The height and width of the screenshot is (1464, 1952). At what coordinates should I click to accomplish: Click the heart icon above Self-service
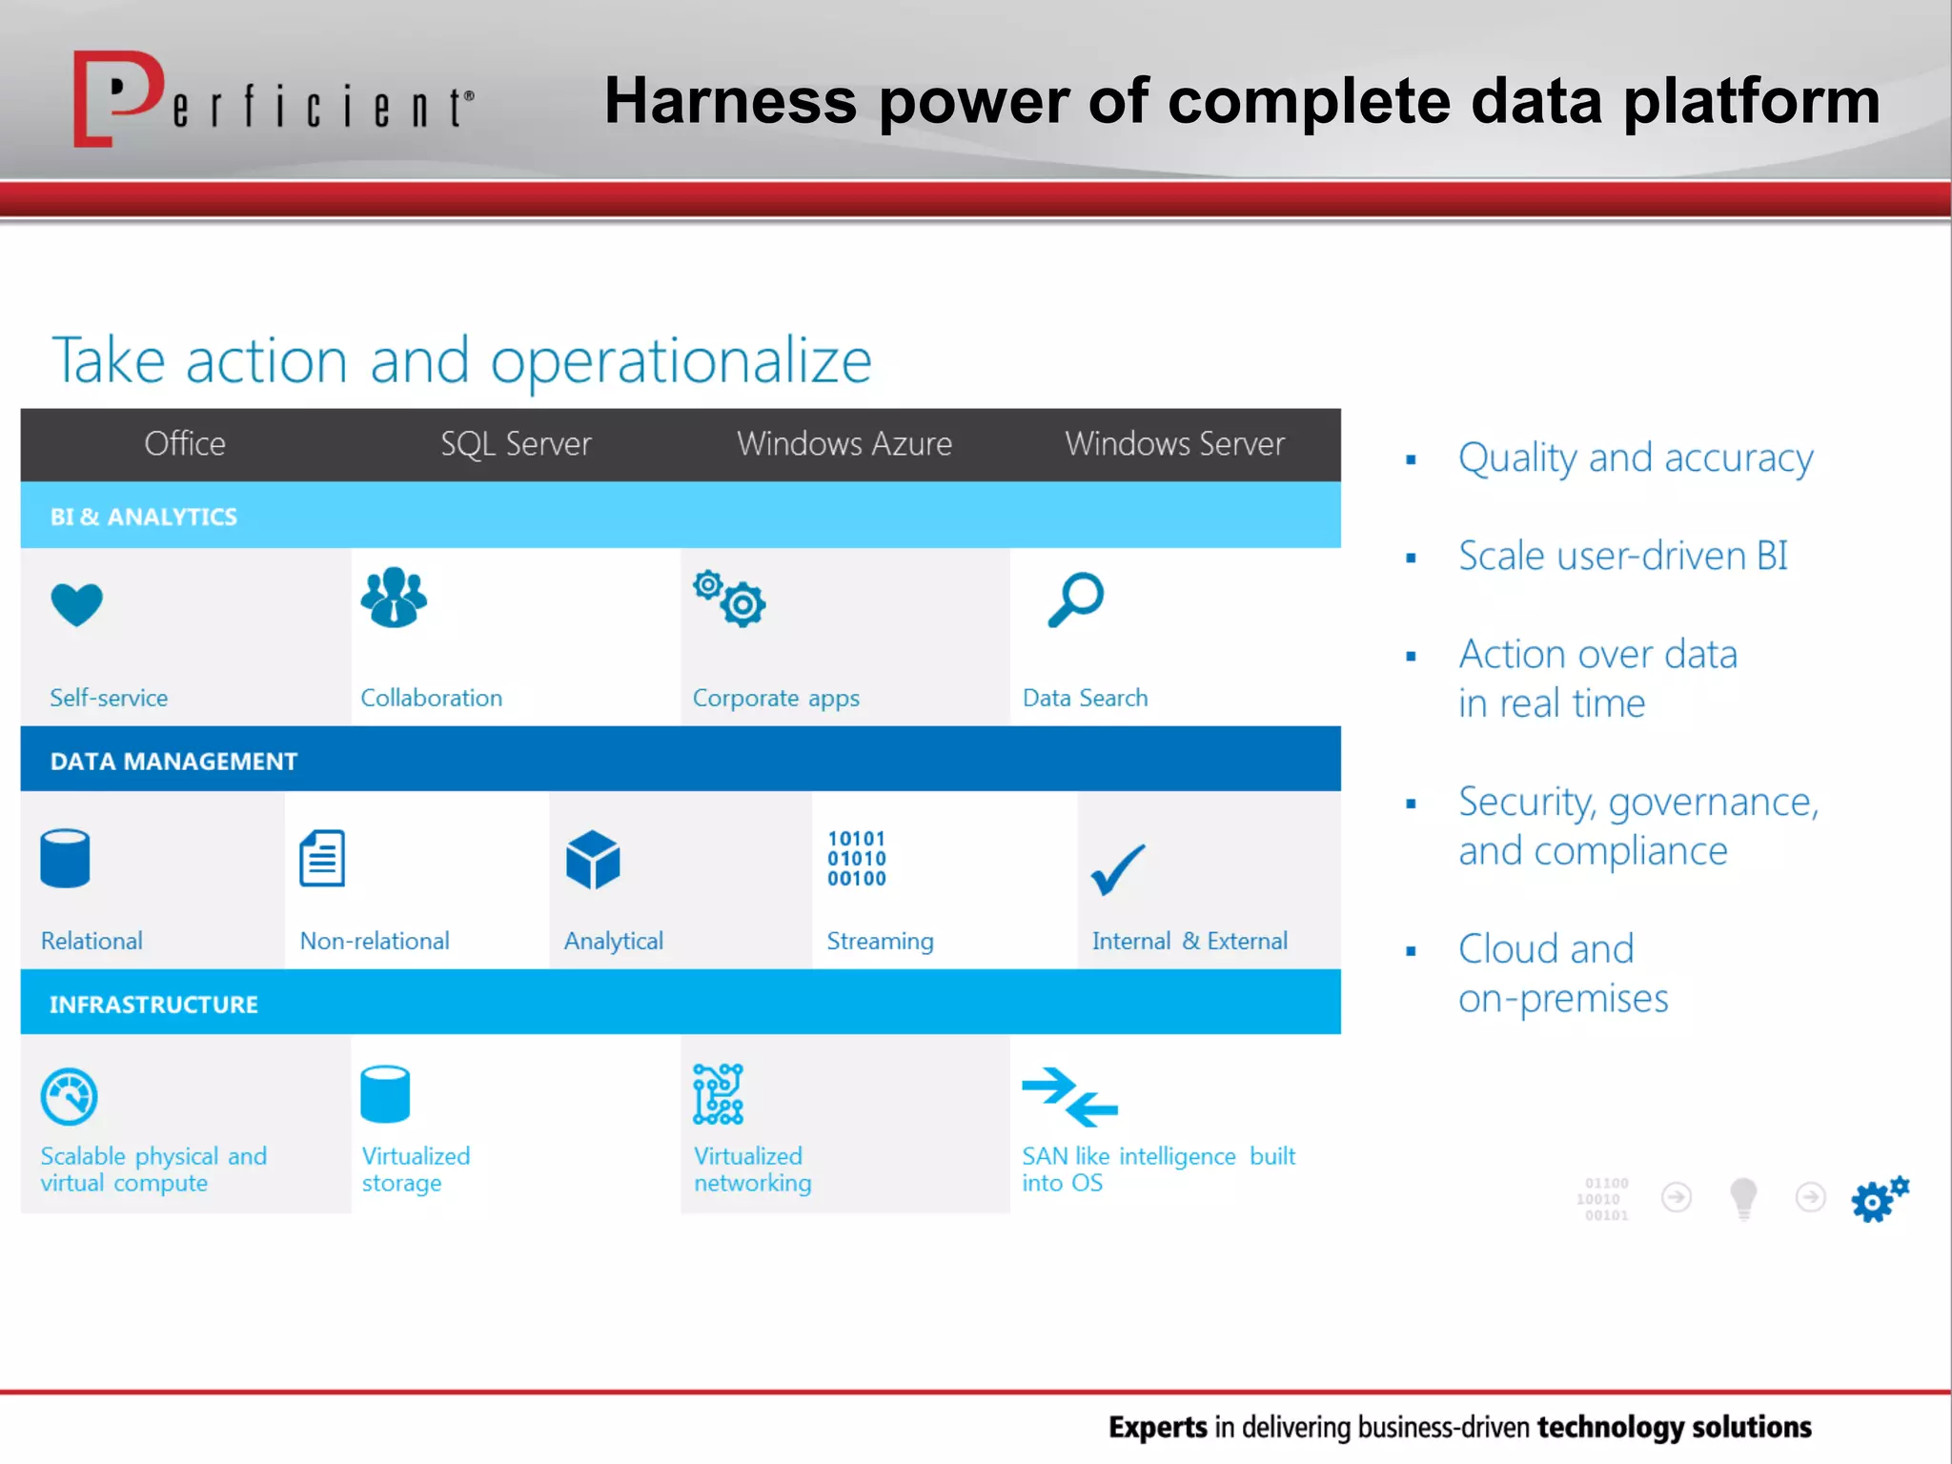point(76,603)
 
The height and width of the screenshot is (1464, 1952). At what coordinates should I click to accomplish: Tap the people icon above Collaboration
point(394,598)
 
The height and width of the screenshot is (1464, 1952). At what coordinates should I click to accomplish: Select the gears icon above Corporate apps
point(730,599)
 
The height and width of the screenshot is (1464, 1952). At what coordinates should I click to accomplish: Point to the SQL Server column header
point(516,444)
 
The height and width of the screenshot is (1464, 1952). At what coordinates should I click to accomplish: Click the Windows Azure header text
point(844,444)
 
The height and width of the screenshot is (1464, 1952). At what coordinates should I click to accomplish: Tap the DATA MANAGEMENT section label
point(173,761)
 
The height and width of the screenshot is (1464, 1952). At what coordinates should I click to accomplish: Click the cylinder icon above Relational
point(65,858)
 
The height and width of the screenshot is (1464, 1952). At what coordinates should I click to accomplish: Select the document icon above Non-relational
point(322,858)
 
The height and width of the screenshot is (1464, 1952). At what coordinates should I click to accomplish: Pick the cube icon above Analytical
point(593,860)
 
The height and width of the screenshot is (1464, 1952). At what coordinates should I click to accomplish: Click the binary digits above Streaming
point(856,858)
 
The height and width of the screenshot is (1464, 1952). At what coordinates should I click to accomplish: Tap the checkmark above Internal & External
point(1117,869)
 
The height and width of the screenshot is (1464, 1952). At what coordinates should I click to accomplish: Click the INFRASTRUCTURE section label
point(153,1004)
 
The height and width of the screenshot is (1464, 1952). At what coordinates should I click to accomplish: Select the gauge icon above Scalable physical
point(69,1096)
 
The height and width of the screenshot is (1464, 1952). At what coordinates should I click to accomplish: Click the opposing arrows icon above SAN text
point(1069,1096)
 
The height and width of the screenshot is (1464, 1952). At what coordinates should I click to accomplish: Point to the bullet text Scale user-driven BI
point(1622,556)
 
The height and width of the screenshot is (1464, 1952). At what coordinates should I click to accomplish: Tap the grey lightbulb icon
point(1743,1197)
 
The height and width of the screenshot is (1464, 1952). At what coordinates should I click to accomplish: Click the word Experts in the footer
point(1157,1427)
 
